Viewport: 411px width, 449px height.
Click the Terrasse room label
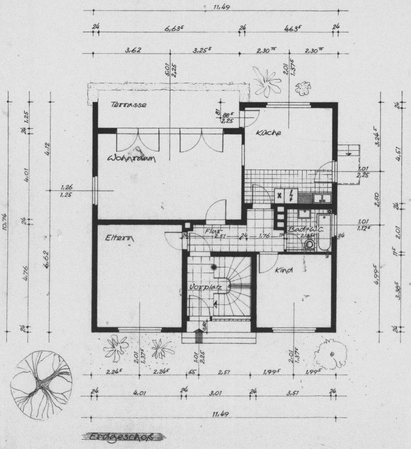coord(129,105)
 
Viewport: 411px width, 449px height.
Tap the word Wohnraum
coord(131,159)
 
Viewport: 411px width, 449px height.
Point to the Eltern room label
coord(121,239)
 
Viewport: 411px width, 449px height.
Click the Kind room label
coord(283,270)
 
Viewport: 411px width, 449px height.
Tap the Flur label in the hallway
coord(212,231)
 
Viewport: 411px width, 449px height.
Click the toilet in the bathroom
coord(310,245)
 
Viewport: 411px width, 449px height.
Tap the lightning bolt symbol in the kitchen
coord(291,195)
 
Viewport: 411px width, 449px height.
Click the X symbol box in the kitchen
coord(280,195)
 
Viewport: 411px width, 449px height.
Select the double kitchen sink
coord(322,197)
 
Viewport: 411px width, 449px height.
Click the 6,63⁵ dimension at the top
coord(175,28)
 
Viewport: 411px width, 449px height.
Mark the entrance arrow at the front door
coord(197,335)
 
